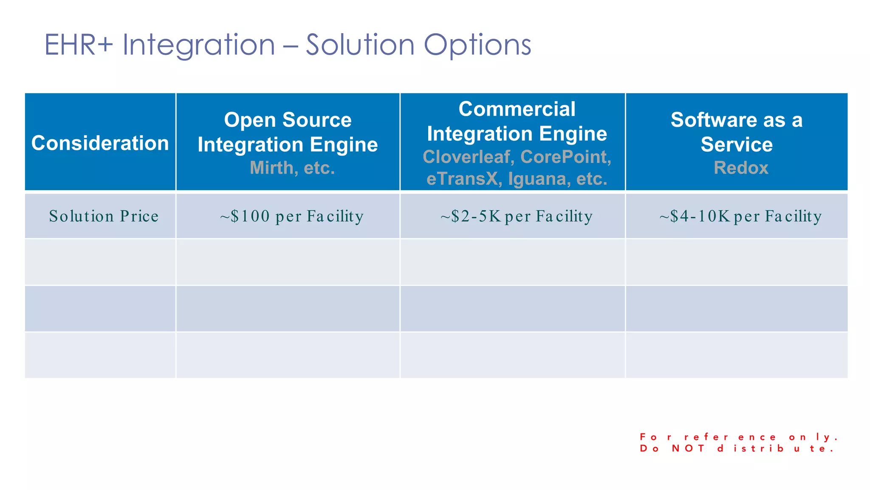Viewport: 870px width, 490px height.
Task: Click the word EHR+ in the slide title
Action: point(79,45)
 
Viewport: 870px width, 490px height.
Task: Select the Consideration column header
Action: point(100,143)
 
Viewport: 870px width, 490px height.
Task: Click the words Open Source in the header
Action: point(288,120)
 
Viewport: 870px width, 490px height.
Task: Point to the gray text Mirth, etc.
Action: point(292,168)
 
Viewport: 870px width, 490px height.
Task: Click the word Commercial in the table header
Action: point(517,109)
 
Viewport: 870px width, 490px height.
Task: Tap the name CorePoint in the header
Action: point(565,157)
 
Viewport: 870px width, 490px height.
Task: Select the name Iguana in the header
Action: point(539,179)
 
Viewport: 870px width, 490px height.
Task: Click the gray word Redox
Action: point(741,168)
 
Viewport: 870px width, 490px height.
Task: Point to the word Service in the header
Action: point(737,145)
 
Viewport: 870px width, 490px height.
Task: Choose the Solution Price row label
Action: point(104,216)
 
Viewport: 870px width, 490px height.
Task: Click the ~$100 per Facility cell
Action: point(292,216)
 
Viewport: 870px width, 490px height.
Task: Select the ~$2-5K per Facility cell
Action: point(517,216)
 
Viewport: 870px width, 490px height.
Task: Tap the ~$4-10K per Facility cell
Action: point(740,216)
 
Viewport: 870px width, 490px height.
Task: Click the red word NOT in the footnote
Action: point(688,449)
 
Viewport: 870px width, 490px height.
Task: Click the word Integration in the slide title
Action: point(199,45)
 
